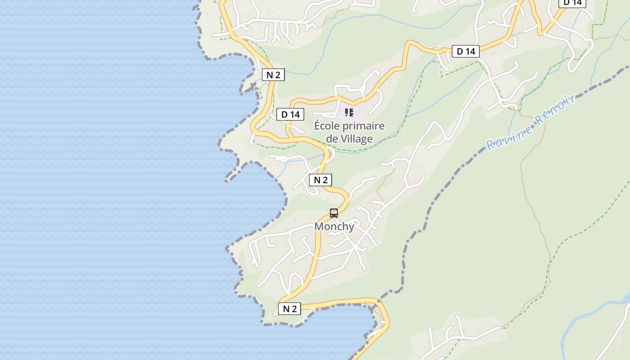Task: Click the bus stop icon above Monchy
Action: click(334, 213)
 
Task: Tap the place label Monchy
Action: click(334, 226)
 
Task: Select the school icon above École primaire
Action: click(349, 112)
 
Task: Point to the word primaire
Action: click(365, 126)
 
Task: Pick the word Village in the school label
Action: click(357, 139)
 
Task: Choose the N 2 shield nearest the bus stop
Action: click(320, 180)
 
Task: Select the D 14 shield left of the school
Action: click(290, 114)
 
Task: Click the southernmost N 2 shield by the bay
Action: click(289, 309)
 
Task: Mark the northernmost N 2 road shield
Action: click(273, 75)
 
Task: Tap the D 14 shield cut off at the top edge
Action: click(572, 3)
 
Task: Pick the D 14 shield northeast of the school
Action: click(466, 51)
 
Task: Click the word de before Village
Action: click(332, 139)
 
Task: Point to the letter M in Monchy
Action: click(319, 226)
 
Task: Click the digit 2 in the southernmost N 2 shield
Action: click(294, 309)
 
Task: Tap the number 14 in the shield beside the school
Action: click(294, 114)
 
